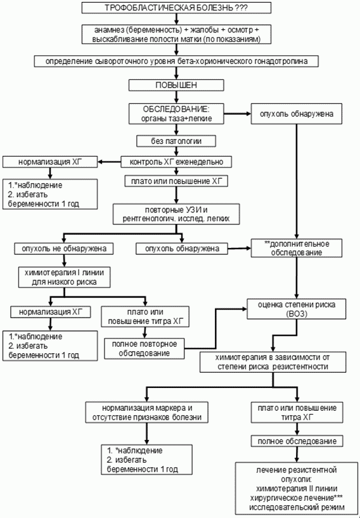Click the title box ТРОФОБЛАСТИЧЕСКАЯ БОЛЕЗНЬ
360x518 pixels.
pyautogui.click(x=176, y=8)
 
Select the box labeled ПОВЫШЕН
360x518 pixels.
pyautogui.click(x=176, y=85)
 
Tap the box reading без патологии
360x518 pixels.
pyautogui.click(x=176, y=141)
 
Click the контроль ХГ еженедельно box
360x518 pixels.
pyautogui.click(x=176, y=162)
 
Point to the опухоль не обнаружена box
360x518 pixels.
pyautogui.click(x=64, y=249)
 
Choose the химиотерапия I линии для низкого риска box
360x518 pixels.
pyautogui.click(x=64, y=278)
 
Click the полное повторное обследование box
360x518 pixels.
pyautogui.click(x=145, y=349)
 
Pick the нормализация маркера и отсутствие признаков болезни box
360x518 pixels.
pyautogui.click(x=146, y=412)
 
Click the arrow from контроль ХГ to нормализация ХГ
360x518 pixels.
pyautogui.click(x=109, y=162)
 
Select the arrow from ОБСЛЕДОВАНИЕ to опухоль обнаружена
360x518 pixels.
pyautogui.click(x=237, y=113)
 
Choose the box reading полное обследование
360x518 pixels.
pyautogui.click(x=297, y=441)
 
